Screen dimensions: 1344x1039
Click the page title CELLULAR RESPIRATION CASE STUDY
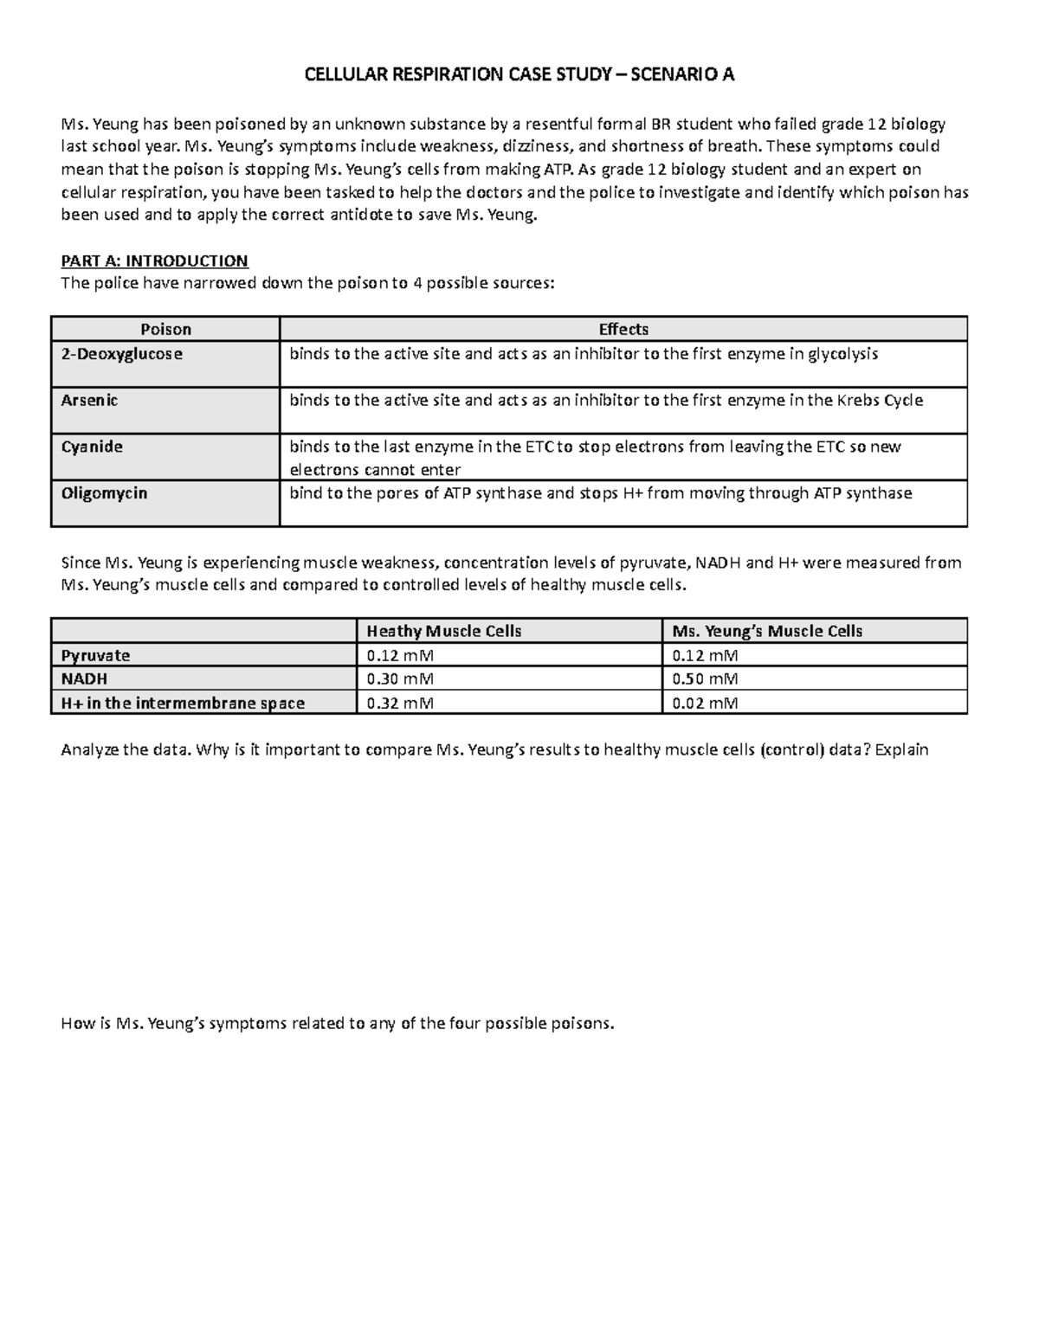click(x=519, y=74)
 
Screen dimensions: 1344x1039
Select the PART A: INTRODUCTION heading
click(x=154, y=260)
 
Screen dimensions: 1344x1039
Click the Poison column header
click(x=165, y=329)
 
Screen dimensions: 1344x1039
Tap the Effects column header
click(x=623, y=329)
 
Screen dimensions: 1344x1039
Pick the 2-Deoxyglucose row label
click(x=121, y=354)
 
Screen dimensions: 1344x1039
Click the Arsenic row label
click(x=89, y=401)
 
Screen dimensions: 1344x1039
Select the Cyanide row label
click(x=92, y=447)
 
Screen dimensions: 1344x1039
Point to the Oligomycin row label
click(x=104, y=493)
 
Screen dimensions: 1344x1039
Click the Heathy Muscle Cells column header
click(x=444, y=631)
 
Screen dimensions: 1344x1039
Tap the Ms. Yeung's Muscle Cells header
click(x=767, y=631)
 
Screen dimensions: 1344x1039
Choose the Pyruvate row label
click(x=95, y=656)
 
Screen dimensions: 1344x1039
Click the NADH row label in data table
click(x=84, y=679)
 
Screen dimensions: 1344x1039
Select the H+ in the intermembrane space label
click(x=183, y=703)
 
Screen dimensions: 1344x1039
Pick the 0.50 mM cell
click(x=705, y=679)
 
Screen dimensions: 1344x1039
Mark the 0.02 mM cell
click(x=705, y=703)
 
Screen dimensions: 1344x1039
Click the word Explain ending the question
click(x=901, y=749)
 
